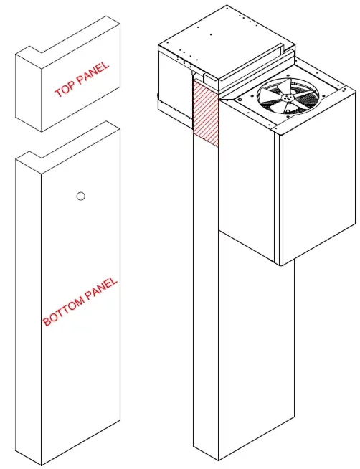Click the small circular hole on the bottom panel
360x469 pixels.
pos(81,196)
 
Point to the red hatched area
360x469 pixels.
pos(206,113)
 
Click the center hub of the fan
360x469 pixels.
pos(288,97)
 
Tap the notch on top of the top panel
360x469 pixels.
pos(35,50)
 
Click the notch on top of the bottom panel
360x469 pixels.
pos(35,155)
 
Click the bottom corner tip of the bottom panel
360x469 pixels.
pos(42,465)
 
